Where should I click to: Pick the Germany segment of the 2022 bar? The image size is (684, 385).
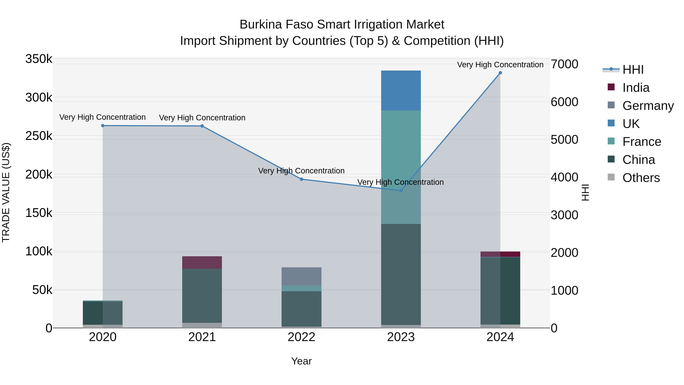tap(301, 276)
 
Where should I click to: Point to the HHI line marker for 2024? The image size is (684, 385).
tap(500, 73)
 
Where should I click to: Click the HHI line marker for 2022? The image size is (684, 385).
tap(301, 179)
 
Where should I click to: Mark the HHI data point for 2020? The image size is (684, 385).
tap(103, 126)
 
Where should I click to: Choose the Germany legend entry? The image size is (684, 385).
tap(648, 106)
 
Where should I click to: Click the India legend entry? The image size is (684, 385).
tap(636, 87)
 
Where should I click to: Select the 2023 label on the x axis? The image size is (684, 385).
tap(401, 337)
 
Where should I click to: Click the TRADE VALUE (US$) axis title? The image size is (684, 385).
tap(6, 192)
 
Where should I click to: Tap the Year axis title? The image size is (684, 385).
tap(301, 361)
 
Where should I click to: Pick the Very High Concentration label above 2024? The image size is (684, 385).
tap(500, 65)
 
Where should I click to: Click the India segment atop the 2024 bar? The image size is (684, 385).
tap(500, 254)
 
